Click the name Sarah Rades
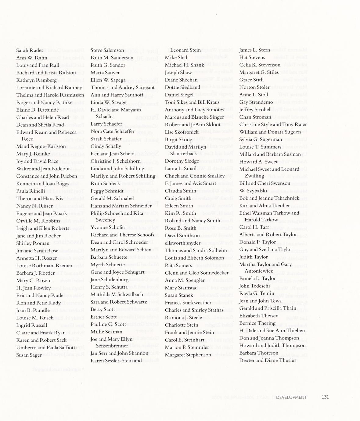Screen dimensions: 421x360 tap(30, 50)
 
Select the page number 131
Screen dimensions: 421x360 tap(325, 397)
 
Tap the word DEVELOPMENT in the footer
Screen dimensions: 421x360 tap(291, 397)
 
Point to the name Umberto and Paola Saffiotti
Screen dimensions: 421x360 tap(46, 347)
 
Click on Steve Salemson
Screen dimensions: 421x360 tap(107, 50)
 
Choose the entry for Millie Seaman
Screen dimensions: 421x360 tap(106, 332)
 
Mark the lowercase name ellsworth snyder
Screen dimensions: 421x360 tap(182, 243)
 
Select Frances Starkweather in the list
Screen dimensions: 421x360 tap(188, 303)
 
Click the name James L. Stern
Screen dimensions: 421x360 tap(254, 50)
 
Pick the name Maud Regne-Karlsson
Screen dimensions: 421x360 tap(41, 146)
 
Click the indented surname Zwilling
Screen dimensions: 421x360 tap(254, 176)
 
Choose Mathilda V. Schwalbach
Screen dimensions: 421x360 tap(117, 294)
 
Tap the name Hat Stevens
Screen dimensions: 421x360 tap(252, 57)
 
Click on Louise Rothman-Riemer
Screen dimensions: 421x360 tap(44, 265)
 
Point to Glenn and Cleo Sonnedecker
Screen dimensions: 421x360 tap(196, 273)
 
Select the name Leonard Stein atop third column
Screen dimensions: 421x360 tap(185, 50)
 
